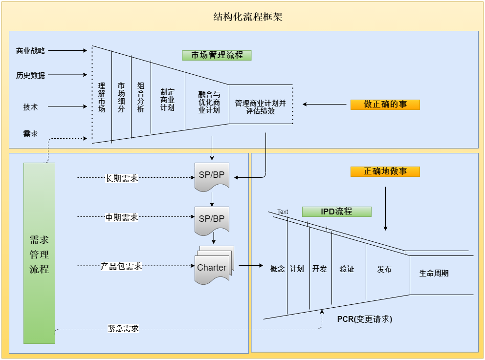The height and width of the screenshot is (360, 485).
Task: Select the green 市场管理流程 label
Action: tap(217, 55)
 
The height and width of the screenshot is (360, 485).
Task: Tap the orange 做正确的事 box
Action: tap(385, 104)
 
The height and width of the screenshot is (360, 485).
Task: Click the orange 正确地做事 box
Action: tap(385, 171)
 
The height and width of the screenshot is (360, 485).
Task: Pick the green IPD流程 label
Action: tap(336, 212)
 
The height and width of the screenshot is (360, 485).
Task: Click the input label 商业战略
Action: tap(30, 51)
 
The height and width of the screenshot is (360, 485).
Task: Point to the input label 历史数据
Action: tap(30, 75)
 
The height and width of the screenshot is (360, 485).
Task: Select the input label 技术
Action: tap(30, 107)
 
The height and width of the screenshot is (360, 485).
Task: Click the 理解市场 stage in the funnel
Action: tap(102, 97)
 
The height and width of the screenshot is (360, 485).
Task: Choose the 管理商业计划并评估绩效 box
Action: tap(260, 107)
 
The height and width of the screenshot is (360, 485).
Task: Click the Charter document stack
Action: tap(213, 267)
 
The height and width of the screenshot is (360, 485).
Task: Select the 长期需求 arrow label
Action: tap(122, 178)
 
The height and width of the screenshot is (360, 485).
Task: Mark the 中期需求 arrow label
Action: tap(122, 217)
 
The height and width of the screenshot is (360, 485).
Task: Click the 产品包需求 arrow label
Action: tap(121, 266)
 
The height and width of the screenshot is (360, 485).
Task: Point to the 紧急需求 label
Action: tap(123, 329)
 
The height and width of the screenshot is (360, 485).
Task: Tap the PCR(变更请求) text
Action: tap(364, 319)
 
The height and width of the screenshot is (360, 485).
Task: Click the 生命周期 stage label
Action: tap(434, 273)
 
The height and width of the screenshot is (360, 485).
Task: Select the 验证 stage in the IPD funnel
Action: tap(347, 269)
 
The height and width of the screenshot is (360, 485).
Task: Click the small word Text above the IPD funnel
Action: tap(283, 212)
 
